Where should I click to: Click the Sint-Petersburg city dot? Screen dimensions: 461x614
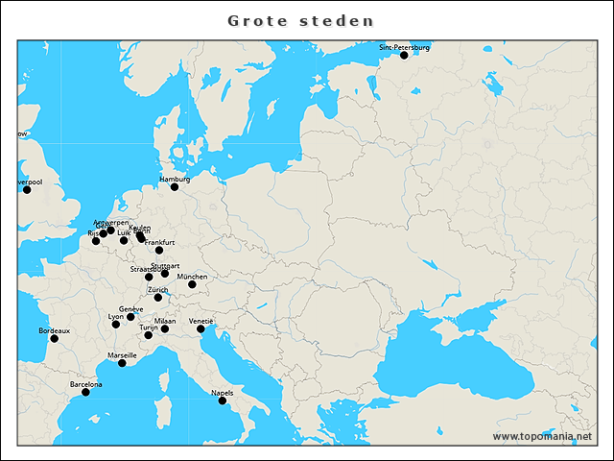[404, 56]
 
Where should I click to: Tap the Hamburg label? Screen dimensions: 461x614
[175, 180]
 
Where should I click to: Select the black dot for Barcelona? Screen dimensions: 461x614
[85, 392]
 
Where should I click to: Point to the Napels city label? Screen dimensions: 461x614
[222, 393]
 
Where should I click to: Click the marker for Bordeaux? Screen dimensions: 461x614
[54, 338]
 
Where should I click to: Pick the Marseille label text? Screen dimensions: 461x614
[122, 355]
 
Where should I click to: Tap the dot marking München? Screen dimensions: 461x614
[192, 284]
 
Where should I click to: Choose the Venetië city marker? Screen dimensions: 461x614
[201, 329]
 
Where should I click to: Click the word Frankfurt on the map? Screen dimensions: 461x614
[160, 243]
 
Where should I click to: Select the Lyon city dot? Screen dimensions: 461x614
[116, 325]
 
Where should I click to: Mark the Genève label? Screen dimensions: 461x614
[131, 309]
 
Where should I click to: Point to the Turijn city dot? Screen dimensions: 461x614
[148, 335]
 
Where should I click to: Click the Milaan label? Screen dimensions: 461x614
[165, 321]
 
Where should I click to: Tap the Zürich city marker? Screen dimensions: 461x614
[158, 298]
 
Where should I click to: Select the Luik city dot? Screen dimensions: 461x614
[124, 240]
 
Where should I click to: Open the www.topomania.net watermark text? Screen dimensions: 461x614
[542, 436]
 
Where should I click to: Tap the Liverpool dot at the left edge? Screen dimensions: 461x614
[27, 189]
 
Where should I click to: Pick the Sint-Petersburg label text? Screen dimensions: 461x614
[404, 47]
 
